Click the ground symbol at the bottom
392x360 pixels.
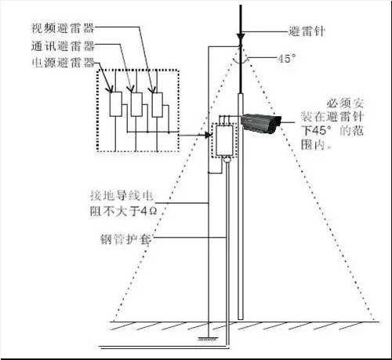[209, 338]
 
